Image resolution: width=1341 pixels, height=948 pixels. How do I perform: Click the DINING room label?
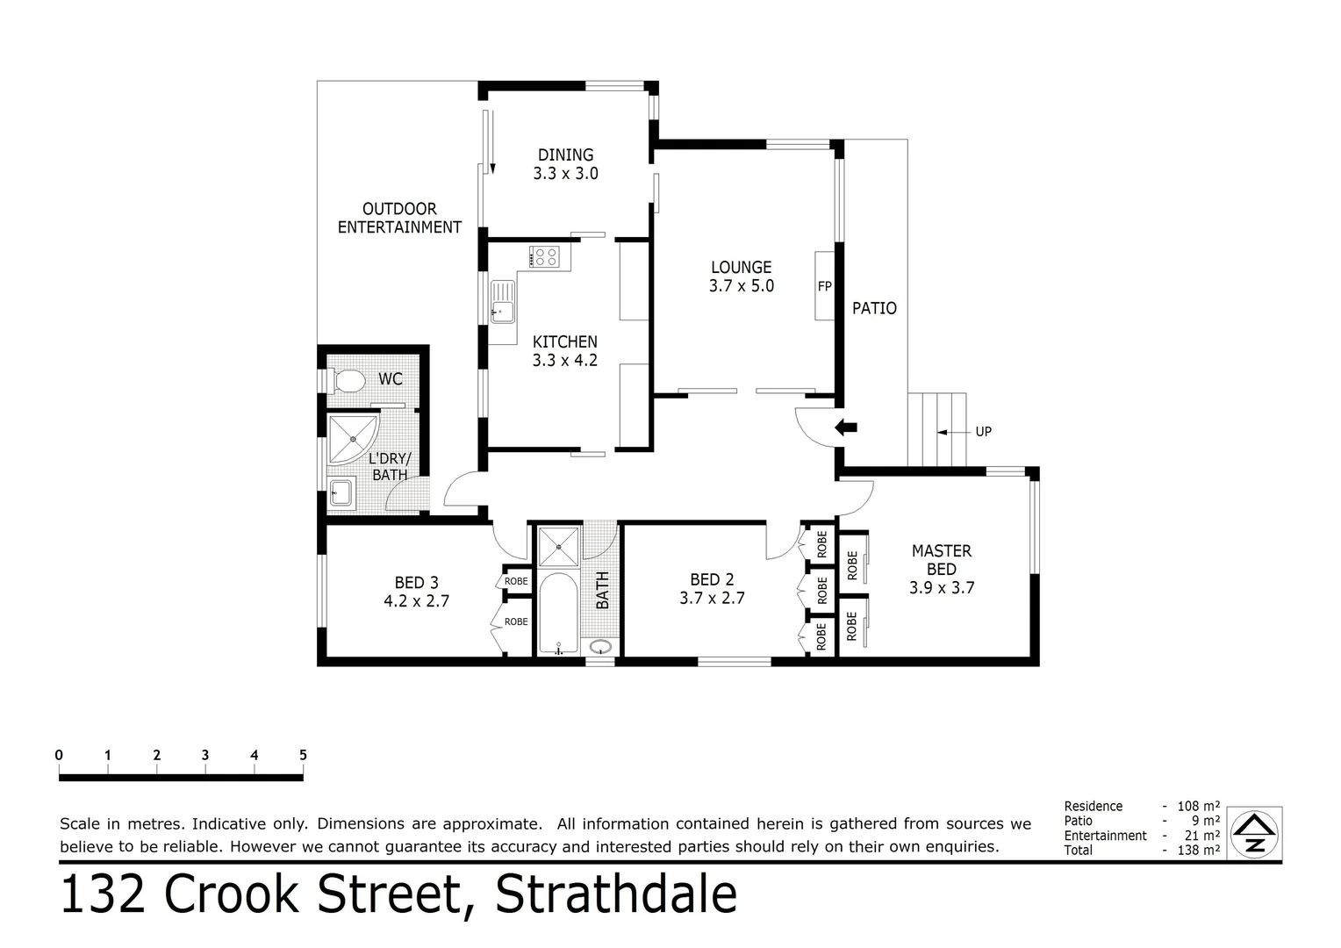click(565, 155)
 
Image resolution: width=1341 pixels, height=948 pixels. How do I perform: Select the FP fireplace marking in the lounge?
click(824, 286)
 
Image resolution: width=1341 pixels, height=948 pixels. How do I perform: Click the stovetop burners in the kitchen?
click(545, 256)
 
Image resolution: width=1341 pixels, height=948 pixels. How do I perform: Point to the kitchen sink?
click(502, 301)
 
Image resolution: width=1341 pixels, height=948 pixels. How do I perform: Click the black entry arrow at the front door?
click(846, 428)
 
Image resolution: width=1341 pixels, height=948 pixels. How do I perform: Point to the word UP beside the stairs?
click(983, 432)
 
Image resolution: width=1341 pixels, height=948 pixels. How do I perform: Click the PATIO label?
click(874, 308)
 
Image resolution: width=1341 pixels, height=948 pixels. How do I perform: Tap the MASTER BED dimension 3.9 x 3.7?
click(942, 588)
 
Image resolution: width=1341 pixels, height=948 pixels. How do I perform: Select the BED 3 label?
click(416, 583)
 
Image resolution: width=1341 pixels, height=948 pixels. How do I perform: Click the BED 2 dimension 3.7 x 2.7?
click(712, 599)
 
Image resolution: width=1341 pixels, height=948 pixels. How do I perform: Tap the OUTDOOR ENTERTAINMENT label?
click(399, 218)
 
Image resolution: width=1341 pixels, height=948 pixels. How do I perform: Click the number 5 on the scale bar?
click(303, 755)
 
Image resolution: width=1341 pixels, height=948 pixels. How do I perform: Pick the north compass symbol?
click(1255, 833)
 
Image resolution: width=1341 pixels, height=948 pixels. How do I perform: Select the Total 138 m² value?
click(1200, 850)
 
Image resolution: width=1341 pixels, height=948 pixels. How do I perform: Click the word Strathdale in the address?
click(616, 895)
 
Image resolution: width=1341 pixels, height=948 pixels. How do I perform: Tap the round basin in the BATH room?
click(601, 647)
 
